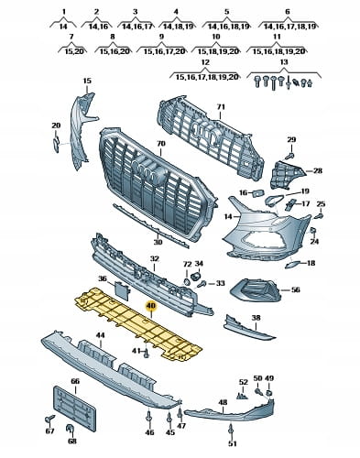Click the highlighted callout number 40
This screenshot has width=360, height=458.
[151, 306]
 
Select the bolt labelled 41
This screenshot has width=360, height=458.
[146, 354]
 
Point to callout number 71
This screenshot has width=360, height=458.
[221, 107]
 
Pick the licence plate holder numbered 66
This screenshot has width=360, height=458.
[75, 409]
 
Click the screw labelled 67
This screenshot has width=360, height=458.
[49, 420]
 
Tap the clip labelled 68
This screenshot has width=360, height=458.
[71, 429]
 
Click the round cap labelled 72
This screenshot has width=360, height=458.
[187, 281]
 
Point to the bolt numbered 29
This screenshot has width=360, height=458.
[289, 156]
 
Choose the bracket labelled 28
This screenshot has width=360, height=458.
[286, 175]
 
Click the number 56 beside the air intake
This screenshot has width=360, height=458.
[295, 289]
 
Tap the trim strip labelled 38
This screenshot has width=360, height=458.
[249, 331]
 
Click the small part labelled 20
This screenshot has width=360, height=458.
[56, 144]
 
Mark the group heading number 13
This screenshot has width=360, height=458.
[284, 62]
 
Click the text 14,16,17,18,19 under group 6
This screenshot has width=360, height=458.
[289, 27]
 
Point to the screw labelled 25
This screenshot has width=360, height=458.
[320, 216]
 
